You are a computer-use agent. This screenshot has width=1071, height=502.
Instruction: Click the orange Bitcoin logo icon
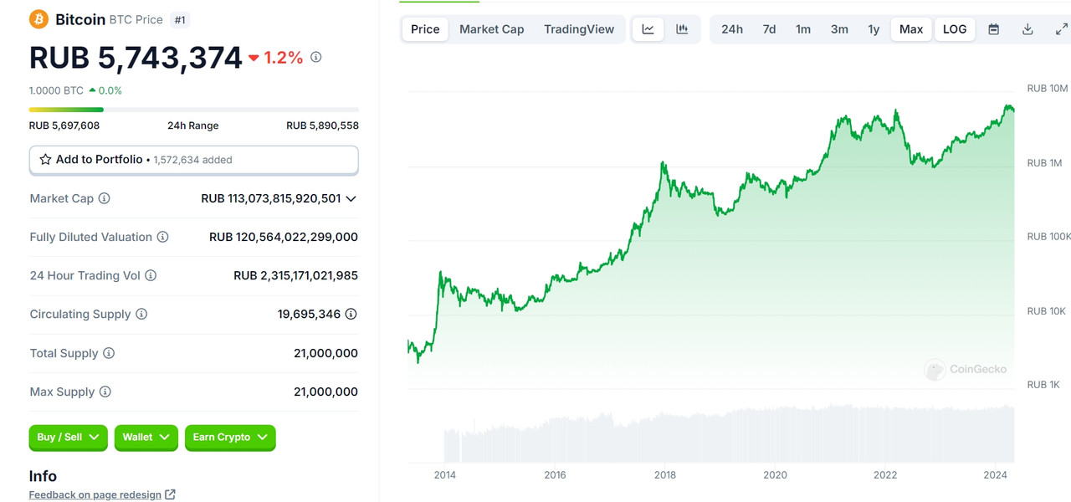tap(38, 19)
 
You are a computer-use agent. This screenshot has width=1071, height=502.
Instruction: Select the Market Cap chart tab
tap(491, 29)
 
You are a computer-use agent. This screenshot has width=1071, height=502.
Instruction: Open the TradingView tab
tap(579, 29)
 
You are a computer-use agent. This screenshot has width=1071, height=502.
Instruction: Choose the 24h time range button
tap(732, 29)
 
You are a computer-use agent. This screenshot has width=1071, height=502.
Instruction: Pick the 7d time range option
tap(769, 29)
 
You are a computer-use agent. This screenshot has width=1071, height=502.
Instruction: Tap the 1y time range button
tap(874, 29)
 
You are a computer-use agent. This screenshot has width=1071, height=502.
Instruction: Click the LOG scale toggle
tap(955, 29)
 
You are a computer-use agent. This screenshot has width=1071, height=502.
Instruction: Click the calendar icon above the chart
tap(994, 29)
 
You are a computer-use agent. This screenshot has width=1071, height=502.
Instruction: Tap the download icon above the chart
tap(1027, 29)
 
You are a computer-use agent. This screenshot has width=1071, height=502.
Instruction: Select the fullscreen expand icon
tap(1061, 29)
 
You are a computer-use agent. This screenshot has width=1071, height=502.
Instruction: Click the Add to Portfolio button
tap(193, 160)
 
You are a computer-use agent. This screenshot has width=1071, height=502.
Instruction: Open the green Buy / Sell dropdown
tap(69, 438)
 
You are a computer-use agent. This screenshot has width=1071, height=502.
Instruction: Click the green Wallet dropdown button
tap(146, 438)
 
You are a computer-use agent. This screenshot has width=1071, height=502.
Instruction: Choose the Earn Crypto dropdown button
tap(229, 438)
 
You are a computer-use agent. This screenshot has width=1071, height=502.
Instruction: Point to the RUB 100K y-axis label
tap(1048, 237)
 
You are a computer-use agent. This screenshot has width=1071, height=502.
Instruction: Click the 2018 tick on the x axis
tap(665, 475)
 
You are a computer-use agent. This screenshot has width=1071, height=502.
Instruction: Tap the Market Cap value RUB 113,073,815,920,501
tap(271, 198)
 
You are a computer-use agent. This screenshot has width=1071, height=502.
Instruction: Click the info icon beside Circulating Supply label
tap(141, 314)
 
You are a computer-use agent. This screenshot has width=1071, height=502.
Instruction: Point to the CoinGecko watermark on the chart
tap(966, 369)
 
